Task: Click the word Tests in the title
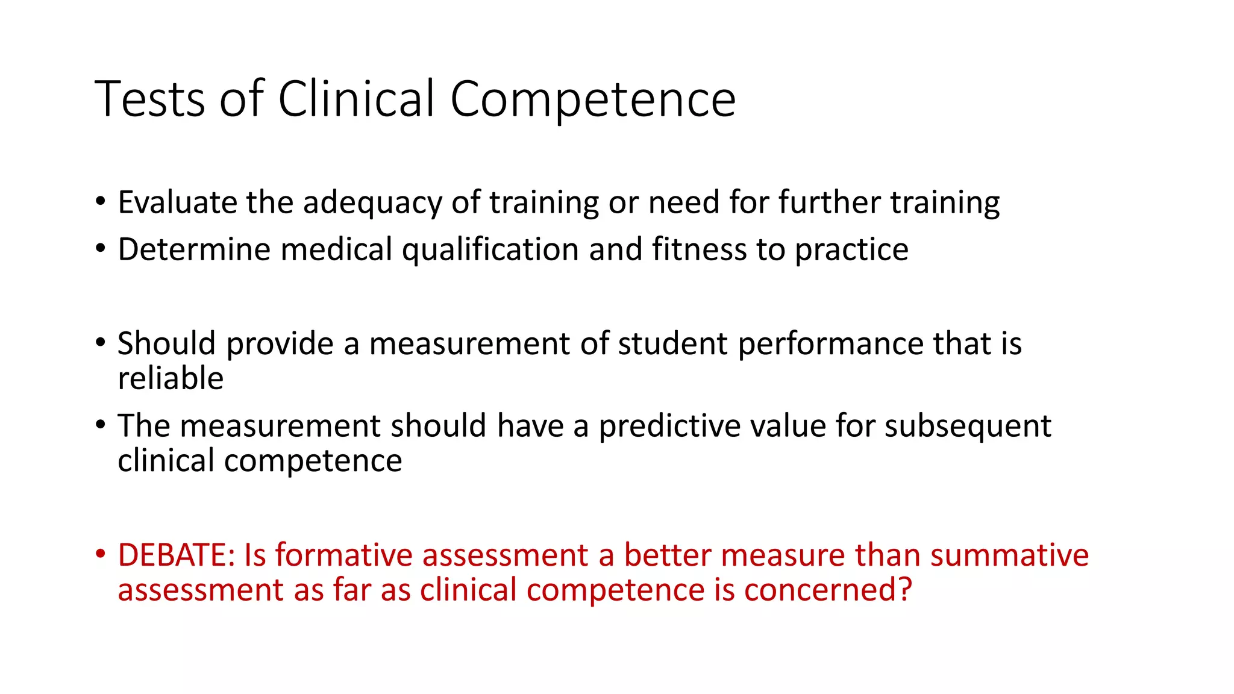pyautogui.click(x=150, y=99)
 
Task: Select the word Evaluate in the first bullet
pyautogui.click(x=177, y=202)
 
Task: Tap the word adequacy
pyautogui.click(x=372, y=204)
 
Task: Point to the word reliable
pyautogui.click(x=171, y=379)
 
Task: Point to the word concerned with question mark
pyautogui.click(x=828, y=590)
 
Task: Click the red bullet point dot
pyautogui.click(x=101, y=553)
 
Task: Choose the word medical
pyautogui.click(x=336, y=249)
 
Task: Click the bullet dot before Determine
pyautogui.click(x=101, y=248)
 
